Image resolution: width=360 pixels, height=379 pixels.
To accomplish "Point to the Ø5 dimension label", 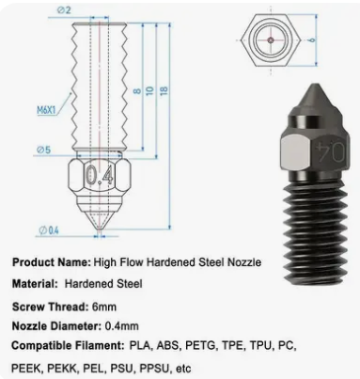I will pyautogui.click(x=48, y=149).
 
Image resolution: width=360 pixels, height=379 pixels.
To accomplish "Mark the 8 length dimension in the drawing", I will pyautogui.click(x=135, y=91).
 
